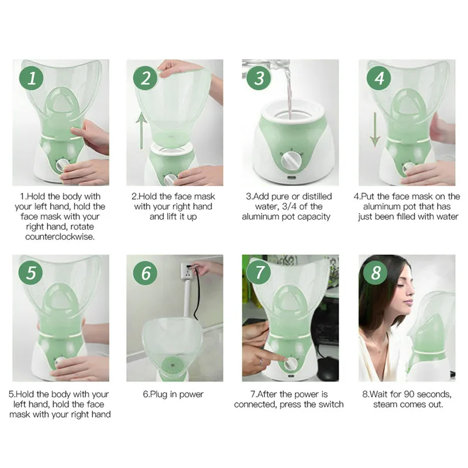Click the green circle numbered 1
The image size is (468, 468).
(32, 78)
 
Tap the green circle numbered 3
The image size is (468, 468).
(259, 78)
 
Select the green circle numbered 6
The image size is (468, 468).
(145, 273)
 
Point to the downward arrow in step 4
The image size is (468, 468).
(375, 129)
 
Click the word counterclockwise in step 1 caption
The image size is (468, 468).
(60, 237)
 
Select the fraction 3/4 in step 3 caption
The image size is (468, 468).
(289, 207)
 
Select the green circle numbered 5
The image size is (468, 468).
(31, 273)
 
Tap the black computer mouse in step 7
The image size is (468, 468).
(328, 367)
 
